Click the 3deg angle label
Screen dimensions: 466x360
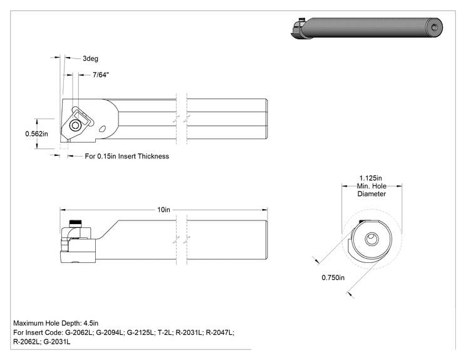(x=90, y=58)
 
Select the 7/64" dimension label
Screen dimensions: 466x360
(x=101, y=75)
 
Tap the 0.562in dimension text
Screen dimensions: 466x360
(x=36, y=134)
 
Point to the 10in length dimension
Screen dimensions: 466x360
(x=163, y=210)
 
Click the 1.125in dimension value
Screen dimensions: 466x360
(x=371, y=178)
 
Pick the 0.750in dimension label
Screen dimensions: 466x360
(x=333, y=277)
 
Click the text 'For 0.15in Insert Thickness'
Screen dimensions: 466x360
(x=127, y=157)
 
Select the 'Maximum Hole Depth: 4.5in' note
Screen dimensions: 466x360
(x=56, y=323)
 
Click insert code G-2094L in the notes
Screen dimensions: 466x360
(x=110, y=332)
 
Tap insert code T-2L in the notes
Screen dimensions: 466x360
(x=165, y=332)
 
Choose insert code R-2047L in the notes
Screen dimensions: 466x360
(x=220, y=332)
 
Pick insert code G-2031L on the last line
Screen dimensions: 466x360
(x=57, y=342)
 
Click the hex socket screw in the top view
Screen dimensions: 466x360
(x=76, y=125)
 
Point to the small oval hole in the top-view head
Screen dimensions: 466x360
(x=102, y=129)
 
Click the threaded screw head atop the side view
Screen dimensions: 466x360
(x=76, y=223)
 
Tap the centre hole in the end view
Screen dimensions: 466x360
(x=372, y=239)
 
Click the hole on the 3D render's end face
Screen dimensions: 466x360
(x=435, y=28)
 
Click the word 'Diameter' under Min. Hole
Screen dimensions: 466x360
(x=371, y=194)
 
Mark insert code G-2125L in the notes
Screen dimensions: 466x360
(x=141, y=332)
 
